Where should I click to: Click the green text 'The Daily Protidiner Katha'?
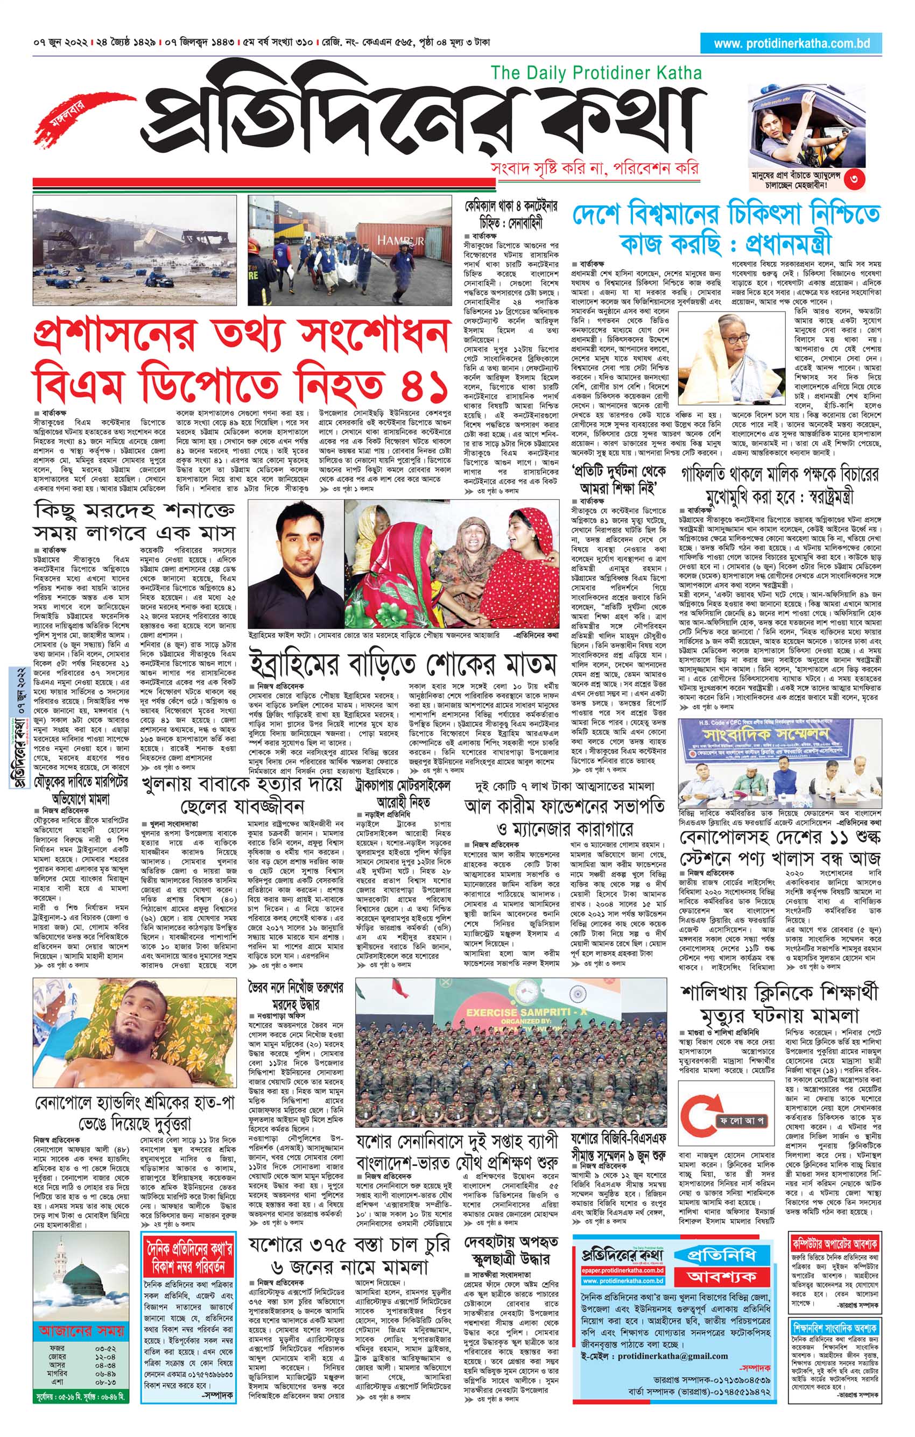(x=596, y=73)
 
